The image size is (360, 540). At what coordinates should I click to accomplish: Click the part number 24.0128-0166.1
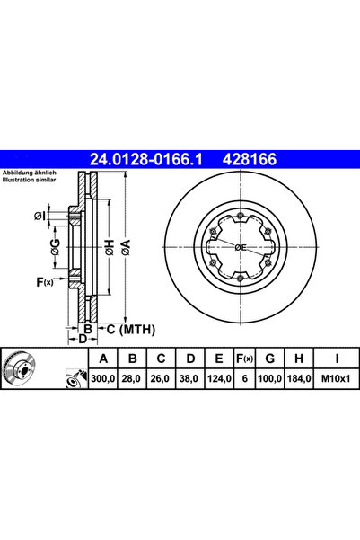[x=147, y=159]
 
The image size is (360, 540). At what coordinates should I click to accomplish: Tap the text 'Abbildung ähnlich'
[x=30, y=173]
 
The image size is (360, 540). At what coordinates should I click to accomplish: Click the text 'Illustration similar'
[x=31, y=181]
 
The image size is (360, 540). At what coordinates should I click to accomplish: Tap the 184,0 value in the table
[x=296, y=380]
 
